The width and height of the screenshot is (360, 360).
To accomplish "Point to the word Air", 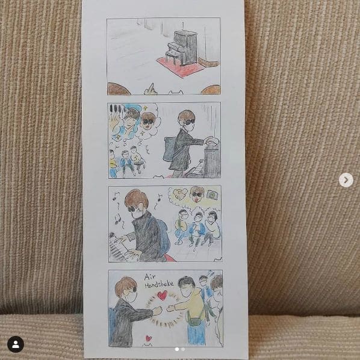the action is (x=150, y=278).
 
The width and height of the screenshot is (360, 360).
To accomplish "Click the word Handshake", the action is (x=159, y=285).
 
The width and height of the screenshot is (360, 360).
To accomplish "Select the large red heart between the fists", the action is (x=163, y=296).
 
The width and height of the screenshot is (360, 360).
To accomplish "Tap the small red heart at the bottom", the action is (x=149, y=338).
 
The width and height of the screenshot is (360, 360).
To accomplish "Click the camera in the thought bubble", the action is (x=212, y=194).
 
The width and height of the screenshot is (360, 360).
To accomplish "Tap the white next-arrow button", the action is (x=346, y=180).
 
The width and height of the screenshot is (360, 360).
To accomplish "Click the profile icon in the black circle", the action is (x=16, y=344).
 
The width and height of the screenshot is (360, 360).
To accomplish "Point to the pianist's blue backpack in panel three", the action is (x=163, y=237).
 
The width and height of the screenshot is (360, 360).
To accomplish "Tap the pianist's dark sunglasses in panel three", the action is (x=132, y=209).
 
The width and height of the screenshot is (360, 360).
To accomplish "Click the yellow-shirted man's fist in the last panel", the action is (x=170, y=308).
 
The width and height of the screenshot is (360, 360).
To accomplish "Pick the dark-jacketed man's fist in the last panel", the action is (x=158, y=311).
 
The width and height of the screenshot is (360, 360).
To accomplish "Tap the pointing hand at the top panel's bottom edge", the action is (x=151, y=89).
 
